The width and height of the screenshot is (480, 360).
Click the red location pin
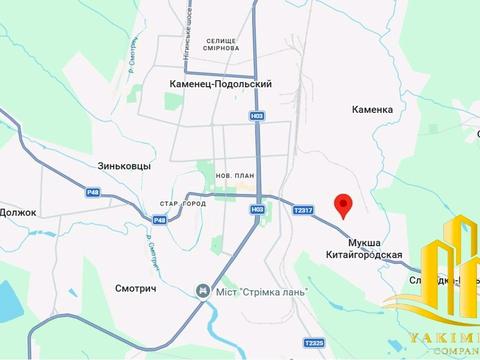(x=343, y=204)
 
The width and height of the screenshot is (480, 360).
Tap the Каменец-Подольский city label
(x=221, y=85)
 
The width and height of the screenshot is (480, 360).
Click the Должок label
(x=18, y=212)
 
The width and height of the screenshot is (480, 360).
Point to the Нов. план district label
(x=230, y=174)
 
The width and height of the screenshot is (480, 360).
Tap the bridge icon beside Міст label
(x=200, y=291)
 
